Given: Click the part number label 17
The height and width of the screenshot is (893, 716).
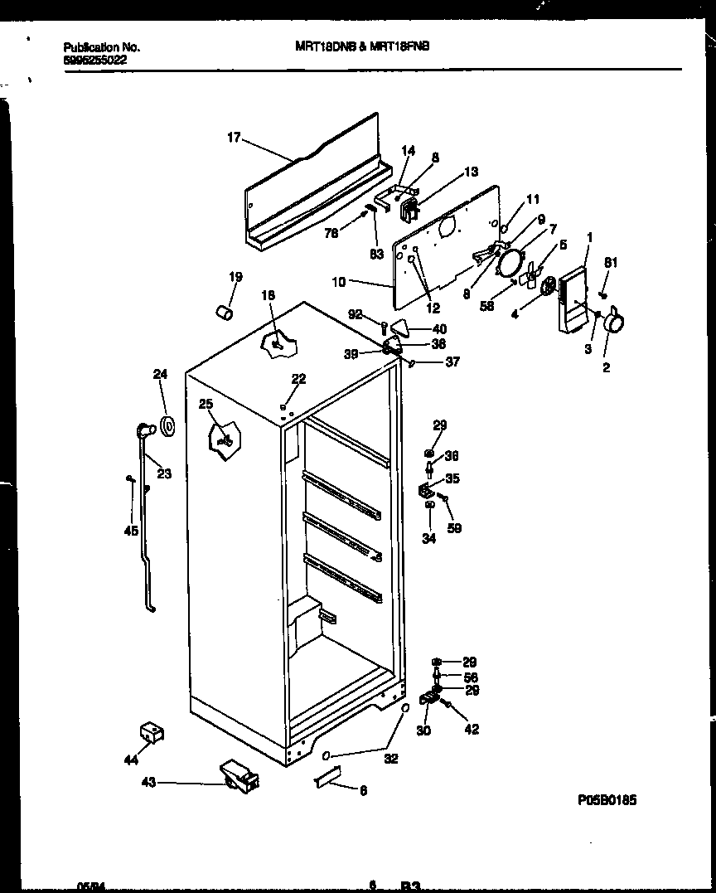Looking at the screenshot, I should coord(234,138).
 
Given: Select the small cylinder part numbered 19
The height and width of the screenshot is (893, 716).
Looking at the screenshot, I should coord(223,311).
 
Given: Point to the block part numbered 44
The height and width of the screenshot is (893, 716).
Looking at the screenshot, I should coord(151,731).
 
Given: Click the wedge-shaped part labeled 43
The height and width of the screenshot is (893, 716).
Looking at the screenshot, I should coord(239,778).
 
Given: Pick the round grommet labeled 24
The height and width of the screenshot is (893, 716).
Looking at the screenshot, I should coord(169,427).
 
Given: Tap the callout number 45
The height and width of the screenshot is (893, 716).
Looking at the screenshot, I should coord(131,531).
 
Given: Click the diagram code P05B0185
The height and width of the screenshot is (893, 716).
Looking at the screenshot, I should coord(607,801).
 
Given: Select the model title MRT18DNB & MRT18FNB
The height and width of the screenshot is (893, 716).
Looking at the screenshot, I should coord(362,47).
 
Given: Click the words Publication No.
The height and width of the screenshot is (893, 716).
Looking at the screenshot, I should coord(102,47).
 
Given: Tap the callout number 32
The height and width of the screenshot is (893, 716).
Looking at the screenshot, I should coord(390,758).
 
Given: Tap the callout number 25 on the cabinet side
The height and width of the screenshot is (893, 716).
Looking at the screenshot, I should coord(206,404).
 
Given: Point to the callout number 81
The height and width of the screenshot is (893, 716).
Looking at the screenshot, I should coord(611,264).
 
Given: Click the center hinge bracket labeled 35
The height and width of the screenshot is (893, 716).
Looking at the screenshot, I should coord(426,490).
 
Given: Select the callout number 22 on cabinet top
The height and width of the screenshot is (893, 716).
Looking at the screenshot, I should coord(298,379).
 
